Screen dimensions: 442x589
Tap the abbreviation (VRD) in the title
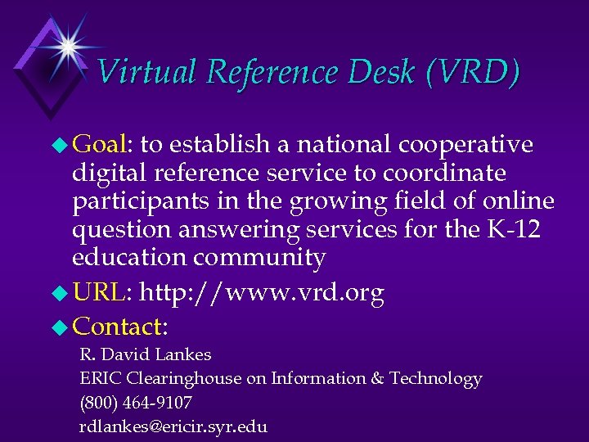tap(472, 73)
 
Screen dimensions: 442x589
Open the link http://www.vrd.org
tap(262, 293)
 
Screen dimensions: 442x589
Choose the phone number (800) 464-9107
tap(135, 403)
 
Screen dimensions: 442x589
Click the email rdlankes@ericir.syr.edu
tap(173, 426)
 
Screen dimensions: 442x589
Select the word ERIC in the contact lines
tap(98, 379)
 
